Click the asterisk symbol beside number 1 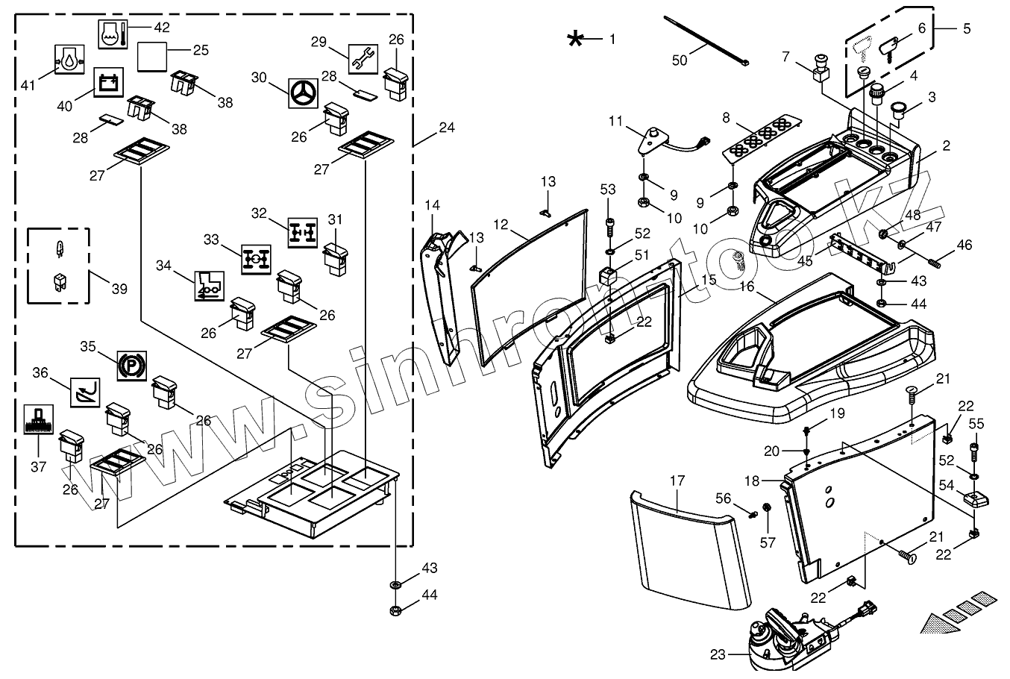[x=575, y=39]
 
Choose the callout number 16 [x=746, y=286]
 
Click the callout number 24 [x=446, y=128]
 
